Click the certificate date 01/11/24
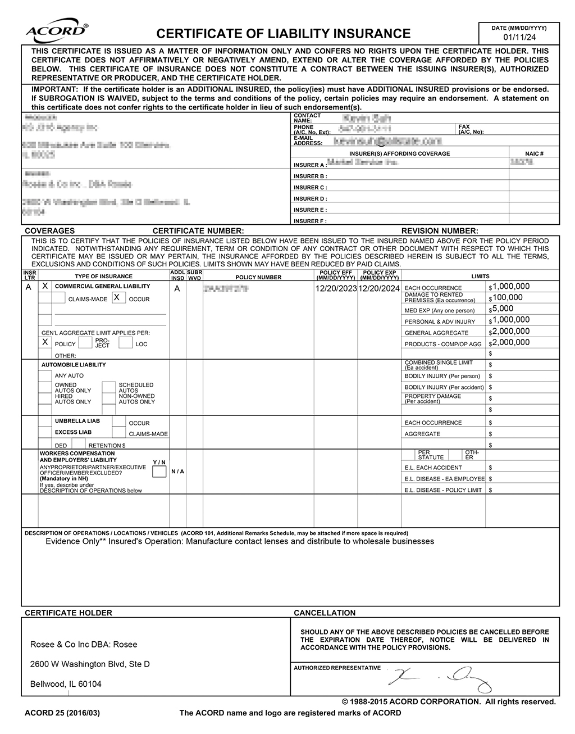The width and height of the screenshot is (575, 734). (x=519, y=37)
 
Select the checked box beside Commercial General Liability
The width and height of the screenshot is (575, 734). (x=45, y=286)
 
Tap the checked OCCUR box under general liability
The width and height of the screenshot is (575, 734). (x=117, y=298)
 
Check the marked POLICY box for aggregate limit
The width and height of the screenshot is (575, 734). (x=45, y=342)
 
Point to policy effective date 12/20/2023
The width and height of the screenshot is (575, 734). (x=336, y=288)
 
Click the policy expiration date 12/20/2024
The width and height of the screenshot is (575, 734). (x=379, y=288)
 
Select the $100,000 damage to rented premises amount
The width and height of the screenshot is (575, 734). (x=507, y=298)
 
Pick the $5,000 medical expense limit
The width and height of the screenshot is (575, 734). (x=503, y=309)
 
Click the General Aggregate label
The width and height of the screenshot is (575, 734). (x=436, y=333)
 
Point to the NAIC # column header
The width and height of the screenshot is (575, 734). (x=534, y=153)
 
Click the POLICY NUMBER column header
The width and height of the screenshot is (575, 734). (x=258, y=277)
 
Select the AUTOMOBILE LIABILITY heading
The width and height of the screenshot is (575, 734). (x=74, y=365)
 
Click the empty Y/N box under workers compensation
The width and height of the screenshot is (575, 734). (x=159, y=472)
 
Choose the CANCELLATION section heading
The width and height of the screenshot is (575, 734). (x=325, y=613)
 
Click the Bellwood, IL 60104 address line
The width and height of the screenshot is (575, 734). (x=66, y=684)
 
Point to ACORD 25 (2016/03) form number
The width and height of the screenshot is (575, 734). (x=62, y=713)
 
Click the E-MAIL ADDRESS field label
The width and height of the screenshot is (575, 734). (x=308, y=141)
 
